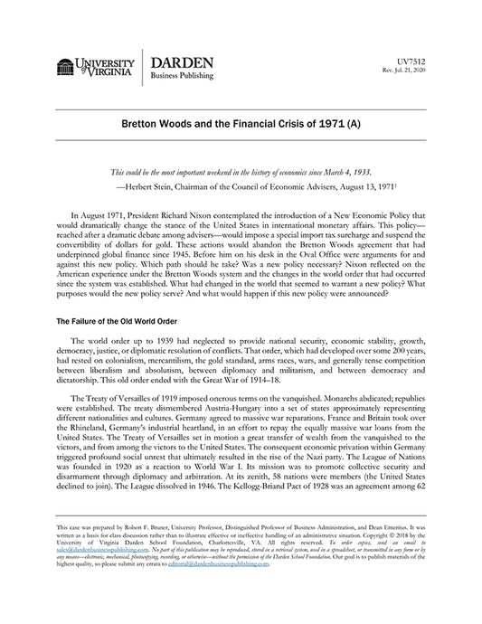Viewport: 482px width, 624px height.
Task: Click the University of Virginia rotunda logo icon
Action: pos(65,67)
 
